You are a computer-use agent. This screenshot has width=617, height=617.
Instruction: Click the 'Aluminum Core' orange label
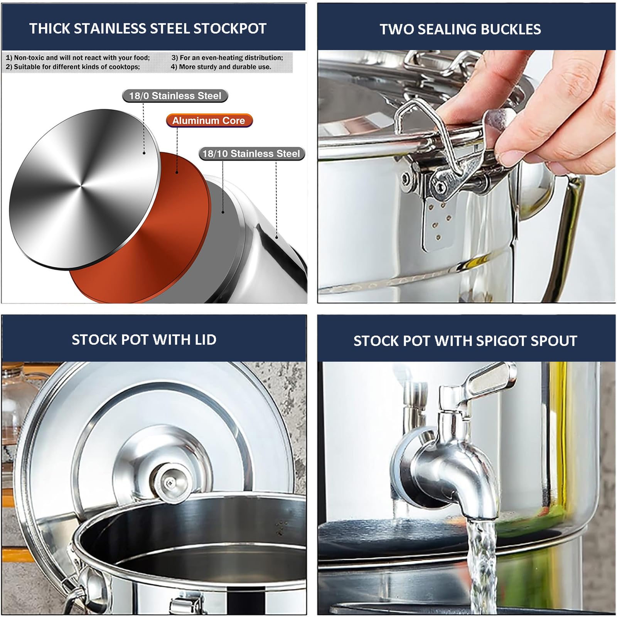coord(209,120)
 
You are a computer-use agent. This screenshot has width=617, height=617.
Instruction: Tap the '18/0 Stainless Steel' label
coord(175,96)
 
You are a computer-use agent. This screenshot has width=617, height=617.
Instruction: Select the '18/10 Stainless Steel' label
coord(251,153)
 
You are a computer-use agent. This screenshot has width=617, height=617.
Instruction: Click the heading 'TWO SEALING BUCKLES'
coord(460,29)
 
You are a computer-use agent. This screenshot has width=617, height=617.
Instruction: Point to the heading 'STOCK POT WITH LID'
coord(144,340)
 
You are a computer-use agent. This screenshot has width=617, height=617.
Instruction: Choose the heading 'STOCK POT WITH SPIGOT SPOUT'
coord(465,341)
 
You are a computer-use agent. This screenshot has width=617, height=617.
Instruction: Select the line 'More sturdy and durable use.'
coord(225,67)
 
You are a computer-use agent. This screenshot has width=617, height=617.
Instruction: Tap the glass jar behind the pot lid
coord(21,397)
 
